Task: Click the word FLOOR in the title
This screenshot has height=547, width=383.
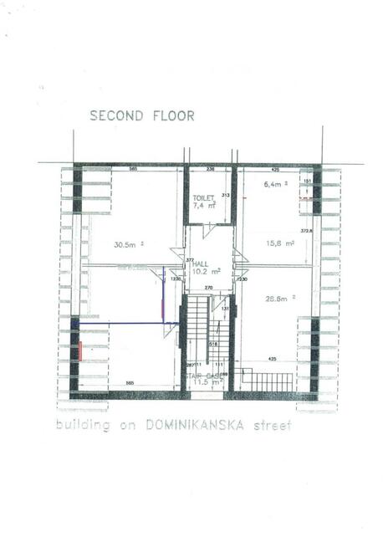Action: [x=172, y=116]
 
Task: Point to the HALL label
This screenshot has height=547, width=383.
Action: [x=202, y=263]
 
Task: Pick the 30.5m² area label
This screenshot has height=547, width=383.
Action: [x=129, y=244]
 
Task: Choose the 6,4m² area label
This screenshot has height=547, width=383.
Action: [x=275, y=183]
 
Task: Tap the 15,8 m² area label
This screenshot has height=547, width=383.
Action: [x=279, y=243]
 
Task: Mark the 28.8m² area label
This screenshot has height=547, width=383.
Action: [x=279, y=298]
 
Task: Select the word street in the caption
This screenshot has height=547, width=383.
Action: [x=273, y=425]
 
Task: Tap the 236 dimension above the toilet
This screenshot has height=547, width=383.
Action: [x=210, y=169]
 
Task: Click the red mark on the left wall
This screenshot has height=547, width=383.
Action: [x=79, y=350]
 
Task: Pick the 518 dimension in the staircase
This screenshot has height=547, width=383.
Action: [x=213, y=344]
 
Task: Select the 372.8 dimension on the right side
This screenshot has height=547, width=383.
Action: [x=306, y=232]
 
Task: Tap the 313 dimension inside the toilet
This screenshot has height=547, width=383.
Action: [x=225, y=196]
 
